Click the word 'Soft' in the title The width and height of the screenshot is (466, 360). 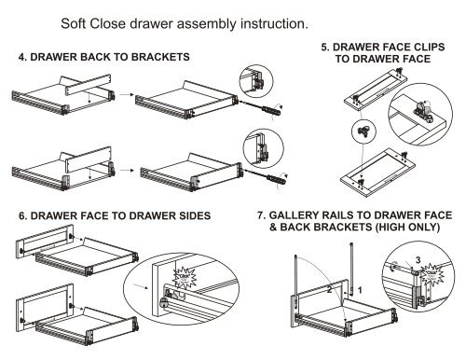(77, 21)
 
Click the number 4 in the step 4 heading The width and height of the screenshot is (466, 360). (22, 58)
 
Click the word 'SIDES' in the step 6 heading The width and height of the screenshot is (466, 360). (187, 215)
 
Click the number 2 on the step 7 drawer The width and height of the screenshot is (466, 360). (328, 291)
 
